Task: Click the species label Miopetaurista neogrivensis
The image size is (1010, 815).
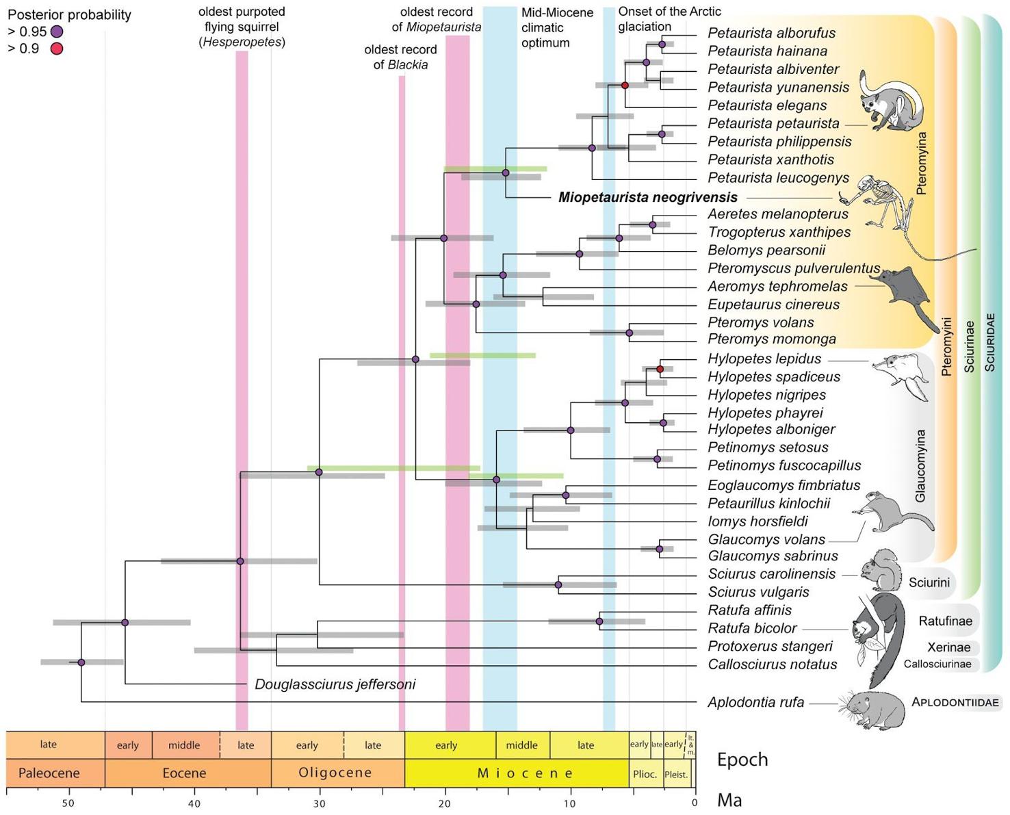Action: click(x=647, y=198)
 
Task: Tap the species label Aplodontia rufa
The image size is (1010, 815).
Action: click(x=755, y=703)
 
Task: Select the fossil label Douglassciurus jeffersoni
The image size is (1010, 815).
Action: click(x=335, y=684)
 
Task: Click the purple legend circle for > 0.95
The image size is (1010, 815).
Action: click(x=57, y=31)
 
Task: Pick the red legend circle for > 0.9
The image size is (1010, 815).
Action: click(x=57, y=49)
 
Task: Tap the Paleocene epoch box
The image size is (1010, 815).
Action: click(x=49, y=773)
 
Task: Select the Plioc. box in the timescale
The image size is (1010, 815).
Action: click(x=645, y=774)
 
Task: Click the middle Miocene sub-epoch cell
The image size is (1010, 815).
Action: click(x=522, y=745)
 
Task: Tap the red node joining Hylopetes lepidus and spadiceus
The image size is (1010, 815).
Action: click(x=660, y=370)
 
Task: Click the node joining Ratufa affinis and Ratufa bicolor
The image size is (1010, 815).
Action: click(x=599, y=621)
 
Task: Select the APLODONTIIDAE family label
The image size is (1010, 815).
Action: click(x=955, y=702)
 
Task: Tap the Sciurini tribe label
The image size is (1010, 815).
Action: click(x=929, y=583)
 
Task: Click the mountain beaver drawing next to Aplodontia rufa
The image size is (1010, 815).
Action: click(x=872, y=709)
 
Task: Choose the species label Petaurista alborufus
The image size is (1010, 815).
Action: click(x=771, y=33)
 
